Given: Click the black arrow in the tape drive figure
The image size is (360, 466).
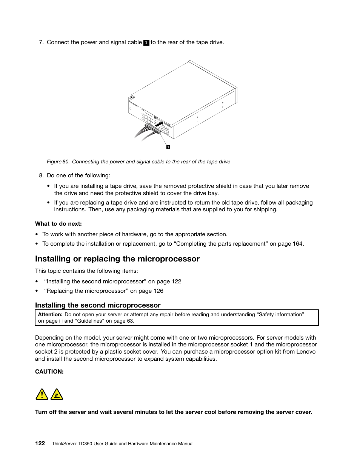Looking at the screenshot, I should click(159, 123).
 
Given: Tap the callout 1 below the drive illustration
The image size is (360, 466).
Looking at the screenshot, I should click(168, 147).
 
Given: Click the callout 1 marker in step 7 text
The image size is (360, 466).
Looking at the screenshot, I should click(146, 43).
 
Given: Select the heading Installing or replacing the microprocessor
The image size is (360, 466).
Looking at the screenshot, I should click(117, 259).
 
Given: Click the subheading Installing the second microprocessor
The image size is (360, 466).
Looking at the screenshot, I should click(98, 305).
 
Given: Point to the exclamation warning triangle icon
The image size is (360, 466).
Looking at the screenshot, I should click(42, 395).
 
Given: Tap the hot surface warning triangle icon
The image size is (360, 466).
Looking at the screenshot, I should click(57, 395).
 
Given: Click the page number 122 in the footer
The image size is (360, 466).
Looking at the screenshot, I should click(40, 443).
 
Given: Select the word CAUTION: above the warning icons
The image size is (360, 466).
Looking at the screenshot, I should click(49, 372).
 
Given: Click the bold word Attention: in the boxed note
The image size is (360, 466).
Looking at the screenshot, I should click(50, 314).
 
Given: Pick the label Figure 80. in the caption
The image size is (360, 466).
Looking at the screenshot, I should click(58, 161).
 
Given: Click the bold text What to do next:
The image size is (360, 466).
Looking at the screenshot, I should click(58, 224).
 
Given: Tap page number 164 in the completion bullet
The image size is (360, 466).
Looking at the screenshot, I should click(297, 244).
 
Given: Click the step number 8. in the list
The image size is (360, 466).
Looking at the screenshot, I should click(42, 175).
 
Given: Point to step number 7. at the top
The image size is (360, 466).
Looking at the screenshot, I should click(42, 42).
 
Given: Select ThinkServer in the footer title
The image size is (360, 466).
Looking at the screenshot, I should click(64, 444).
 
